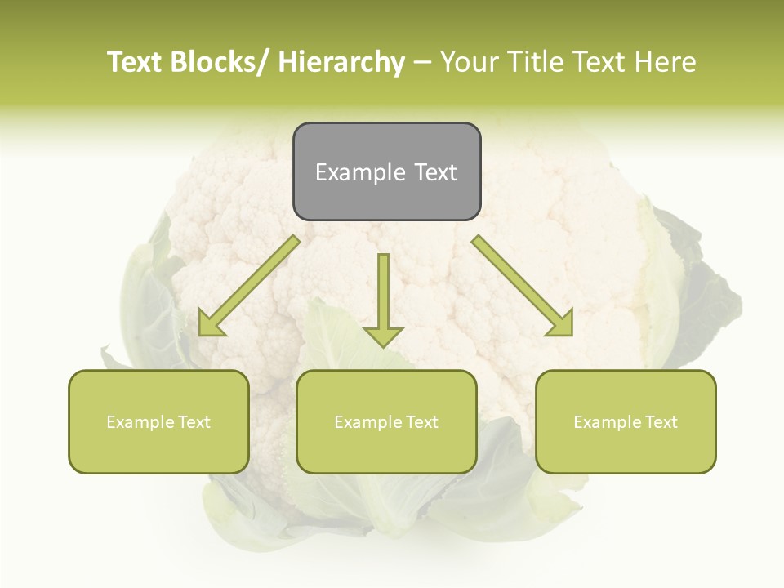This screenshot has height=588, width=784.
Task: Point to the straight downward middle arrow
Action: coord(383,294)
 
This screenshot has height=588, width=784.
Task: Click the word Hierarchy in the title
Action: coord(341,62)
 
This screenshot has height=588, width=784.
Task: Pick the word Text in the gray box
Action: coord(435,172)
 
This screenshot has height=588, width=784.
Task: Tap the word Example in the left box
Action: coord(140,422)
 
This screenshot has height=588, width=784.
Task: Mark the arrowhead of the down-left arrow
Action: coord(211,324)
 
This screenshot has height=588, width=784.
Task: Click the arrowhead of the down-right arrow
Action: coord(561,323)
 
